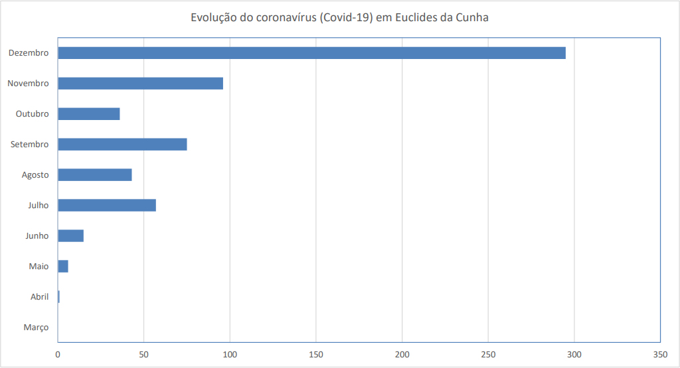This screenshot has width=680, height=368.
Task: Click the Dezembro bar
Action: (x=311, y=53)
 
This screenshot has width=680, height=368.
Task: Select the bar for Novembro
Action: (x=140, y=84)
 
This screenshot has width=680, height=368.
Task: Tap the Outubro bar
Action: (x=89, y=114)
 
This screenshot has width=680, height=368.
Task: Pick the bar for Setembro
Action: (x=122, y=145)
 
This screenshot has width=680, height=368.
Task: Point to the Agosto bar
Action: (x=95, y=175)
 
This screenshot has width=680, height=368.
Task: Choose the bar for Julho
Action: (x=107, y=206)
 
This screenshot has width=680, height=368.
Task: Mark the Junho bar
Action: (x=70, y=236)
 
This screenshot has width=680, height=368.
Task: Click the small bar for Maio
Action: (x=63, y=267)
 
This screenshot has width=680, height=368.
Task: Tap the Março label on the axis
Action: (x=36, y=328)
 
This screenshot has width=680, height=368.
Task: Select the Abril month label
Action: (x=40, y=297)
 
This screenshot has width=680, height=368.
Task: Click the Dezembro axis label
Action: (x=29, y=53)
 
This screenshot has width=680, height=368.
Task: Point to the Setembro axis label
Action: (x=30, y=145)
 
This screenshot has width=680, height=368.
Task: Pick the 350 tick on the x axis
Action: (x=660, y=355)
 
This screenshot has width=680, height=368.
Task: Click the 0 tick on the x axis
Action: (x=58, y=355)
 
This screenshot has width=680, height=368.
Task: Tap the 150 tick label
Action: (x=316, y=355)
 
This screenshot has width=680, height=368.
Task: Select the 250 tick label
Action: (x=488, y=355)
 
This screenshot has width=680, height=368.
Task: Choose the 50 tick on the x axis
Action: (x=144, y=355)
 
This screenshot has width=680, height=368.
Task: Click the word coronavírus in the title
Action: (x=284, y=18)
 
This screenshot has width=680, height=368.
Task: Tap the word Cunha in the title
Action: (x=471, y=18)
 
